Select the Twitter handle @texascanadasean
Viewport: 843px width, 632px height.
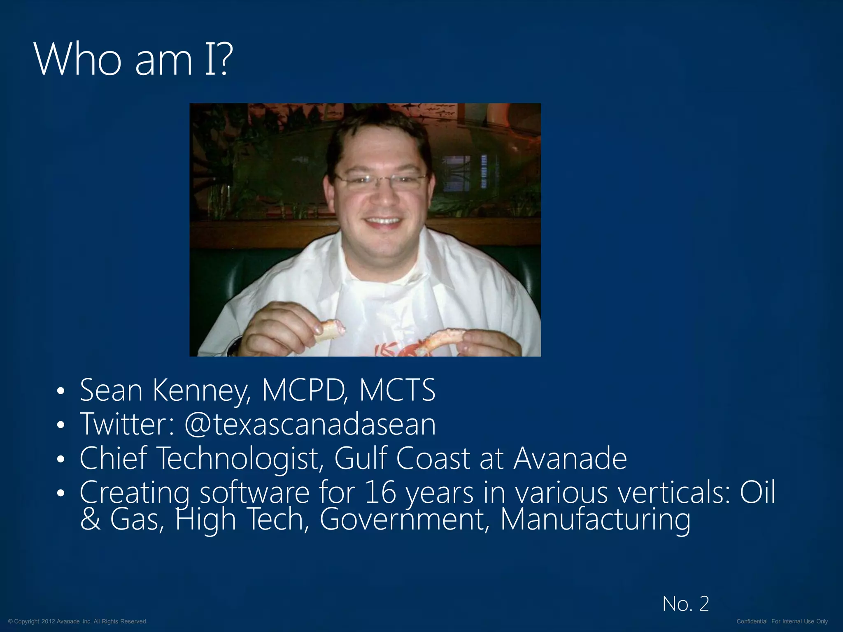point(310,424)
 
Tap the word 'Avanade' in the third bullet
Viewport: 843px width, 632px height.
point(570,458)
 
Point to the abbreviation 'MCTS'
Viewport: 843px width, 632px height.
point(397,390)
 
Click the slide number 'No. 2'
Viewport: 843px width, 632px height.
point(686,604)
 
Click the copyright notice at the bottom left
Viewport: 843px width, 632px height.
point(78,621)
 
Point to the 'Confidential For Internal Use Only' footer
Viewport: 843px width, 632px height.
point(782,621)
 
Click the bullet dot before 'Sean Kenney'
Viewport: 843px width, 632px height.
point(61,391)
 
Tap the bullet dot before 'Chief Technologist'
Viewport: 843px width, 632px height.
point(61,459)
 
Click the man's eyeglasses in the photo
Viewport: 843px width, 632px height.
point(381,179)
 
